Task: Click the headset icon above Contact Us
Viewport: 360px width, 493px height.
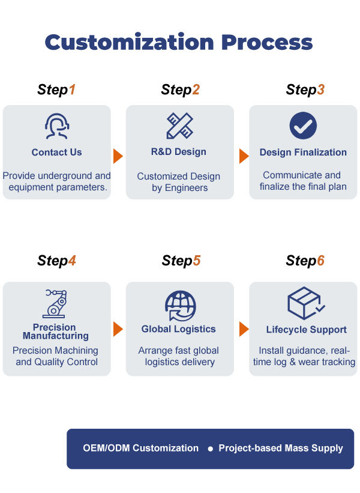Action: (x=57, y=126)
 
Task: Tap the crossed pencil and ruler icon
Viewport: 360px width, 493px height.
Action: (x=179, y=126)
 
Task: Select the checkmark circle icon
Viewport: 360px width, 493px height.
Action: (x=303, y=126)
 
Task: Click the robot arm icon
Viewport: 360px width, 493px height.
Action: (x=55, y=304)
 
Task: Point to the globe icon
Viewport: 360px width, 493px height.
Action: (x=181, y=306)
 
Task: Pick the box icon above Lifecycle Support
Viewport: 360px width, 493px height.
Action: (x=306, y=303)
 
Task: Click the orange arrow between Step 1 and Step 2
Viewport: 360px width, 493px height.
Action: (x=118, y=156)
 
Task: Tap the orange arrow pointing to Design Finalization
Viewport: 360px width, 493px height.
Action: (x=244, y=156)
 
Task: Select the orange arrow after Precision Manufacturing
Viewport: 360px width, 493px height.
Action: (x=118, y=329)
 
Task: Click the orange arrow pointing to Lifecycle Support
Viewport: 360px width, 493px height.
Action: (x=244, y=329)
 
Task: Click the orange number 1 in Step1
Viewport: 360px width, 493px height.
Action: (x=72, y=89)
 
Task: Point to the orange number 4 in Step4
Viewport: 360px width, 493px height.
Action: (x=72, y=261)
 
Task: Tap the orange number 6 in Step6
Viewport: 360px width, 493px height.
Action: (x=321, y=261)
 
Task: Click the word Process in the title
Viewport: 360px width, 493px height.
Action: (x=267, y=42)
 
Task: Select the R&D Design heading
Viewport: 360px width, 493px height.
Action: (x=179, y=151)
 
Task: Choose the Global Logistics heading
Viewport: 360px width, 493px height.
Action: (x=178, y=329)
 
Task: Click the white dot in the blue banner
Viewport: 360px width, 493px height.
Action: (x=210, y=449)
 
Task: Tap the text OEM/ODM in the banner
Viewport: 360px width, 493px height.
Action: (x=106, y=448)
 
